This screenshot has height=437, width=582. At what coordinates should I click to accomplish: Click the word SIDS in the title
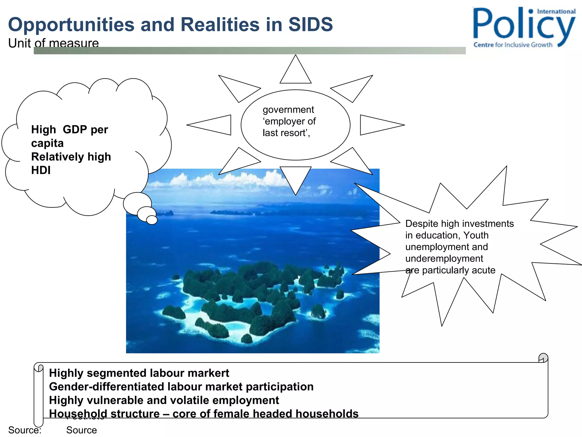pyautogui.click(x=310, y=24)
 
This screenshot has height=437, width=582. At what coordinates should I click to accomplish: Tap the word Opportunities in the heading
pyautogui.click(x=71, y=24)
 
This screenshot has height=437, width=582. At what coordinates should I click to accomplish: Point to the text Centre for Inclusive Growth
pyautogui.click(x=513, y=45)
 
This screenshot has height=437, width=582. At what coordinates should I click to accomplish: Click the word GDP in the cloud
pyautogui.click(x=75, y=129)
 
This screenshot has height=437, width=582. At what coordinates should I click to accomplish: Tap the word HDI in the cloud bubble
pyautogui.click(x=41, y=170)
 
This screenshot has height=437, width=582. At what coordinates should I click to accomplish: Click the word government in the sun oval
pyautogui.click(x=288, y=110)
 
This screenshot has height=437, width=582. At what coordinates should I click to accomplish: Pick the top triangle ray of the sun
pyautogui.click(x=296, y=73)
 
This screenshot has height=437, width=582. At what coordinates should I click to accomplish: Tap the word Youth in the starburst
pyautogui.click(x=476, y=235)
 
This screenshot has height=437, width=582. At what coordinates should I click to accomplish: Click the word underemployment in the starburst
pyautogui.click(x=444, y=258)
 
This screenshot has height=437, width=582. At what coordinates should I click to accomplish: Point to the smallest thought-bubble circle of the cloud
pyautogui.click(x=152, y=220)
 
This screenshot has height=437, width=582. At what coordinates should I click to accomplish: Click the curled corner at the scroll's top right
pyautogui.click(x=543, y=358)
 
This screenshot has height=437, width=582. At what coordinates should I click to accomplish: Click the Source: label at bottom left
pyautogui.click(x=25, y=430)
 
